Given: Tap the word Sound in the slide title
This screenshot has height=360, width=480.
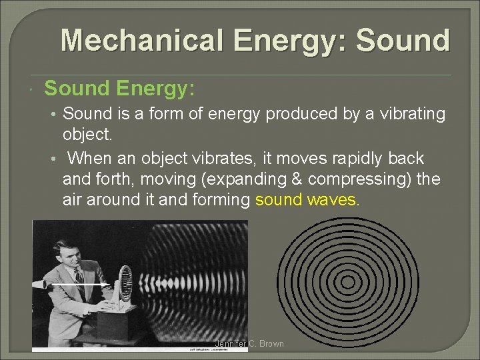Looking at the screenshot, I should coord(403,41).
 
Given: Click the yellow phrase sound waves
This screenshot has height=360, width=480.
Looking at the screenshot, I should coord(307,200).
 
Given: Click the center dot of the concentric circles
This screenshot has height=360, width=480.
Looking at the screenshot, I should coord(348,281).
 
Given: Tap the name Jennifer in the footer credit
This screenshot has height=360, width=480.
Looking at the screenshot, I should coord(231,344).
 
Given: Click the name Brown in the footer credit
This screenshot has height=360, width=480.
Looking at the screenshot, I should coord(271,344).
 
